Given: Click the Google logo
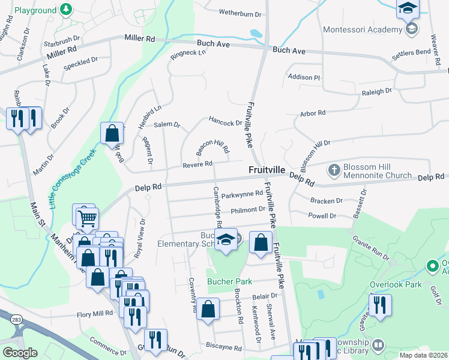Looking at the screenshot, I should pyautogui.click(x=19, y=353).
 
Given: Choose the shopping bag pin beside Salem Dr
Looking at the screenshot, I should pyautogui.click(x=112, y=134).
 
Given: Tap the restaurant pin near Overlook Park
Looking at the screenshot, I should pyautogui.click(x=380, y=305).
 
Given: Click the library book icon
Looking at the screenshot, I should pyautogui.click(x=378, y=345).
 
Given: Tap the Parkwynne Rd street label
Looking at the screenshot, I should pyautogui.click(x=242, y=194).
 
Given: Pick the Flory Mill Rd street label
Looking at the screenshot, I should pyautogui.click(x=95, y=314).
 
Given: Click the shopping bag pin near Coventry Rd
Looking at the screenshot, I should pyautogui.click(x=207, y=310).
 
